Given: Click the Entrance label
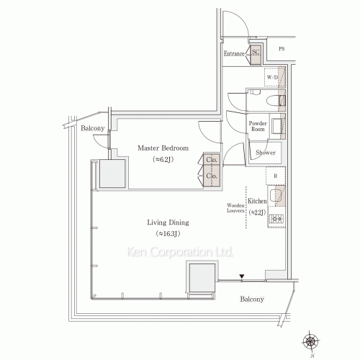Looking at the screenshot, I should tap(235, 54).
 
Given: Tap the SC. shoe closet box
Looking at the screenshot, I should tap(256, 53).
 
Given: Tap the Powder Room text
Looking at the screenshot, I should tap(258, 126).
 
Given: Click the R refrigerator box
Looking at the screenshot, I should tap(276, 175).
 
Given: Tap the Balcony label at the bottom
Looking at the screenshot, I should tap(251, 300).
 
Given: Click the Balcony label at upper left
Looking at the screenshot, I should tap(93, 128).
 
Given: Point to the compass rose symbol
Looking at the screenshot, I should tap(312, 340).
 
